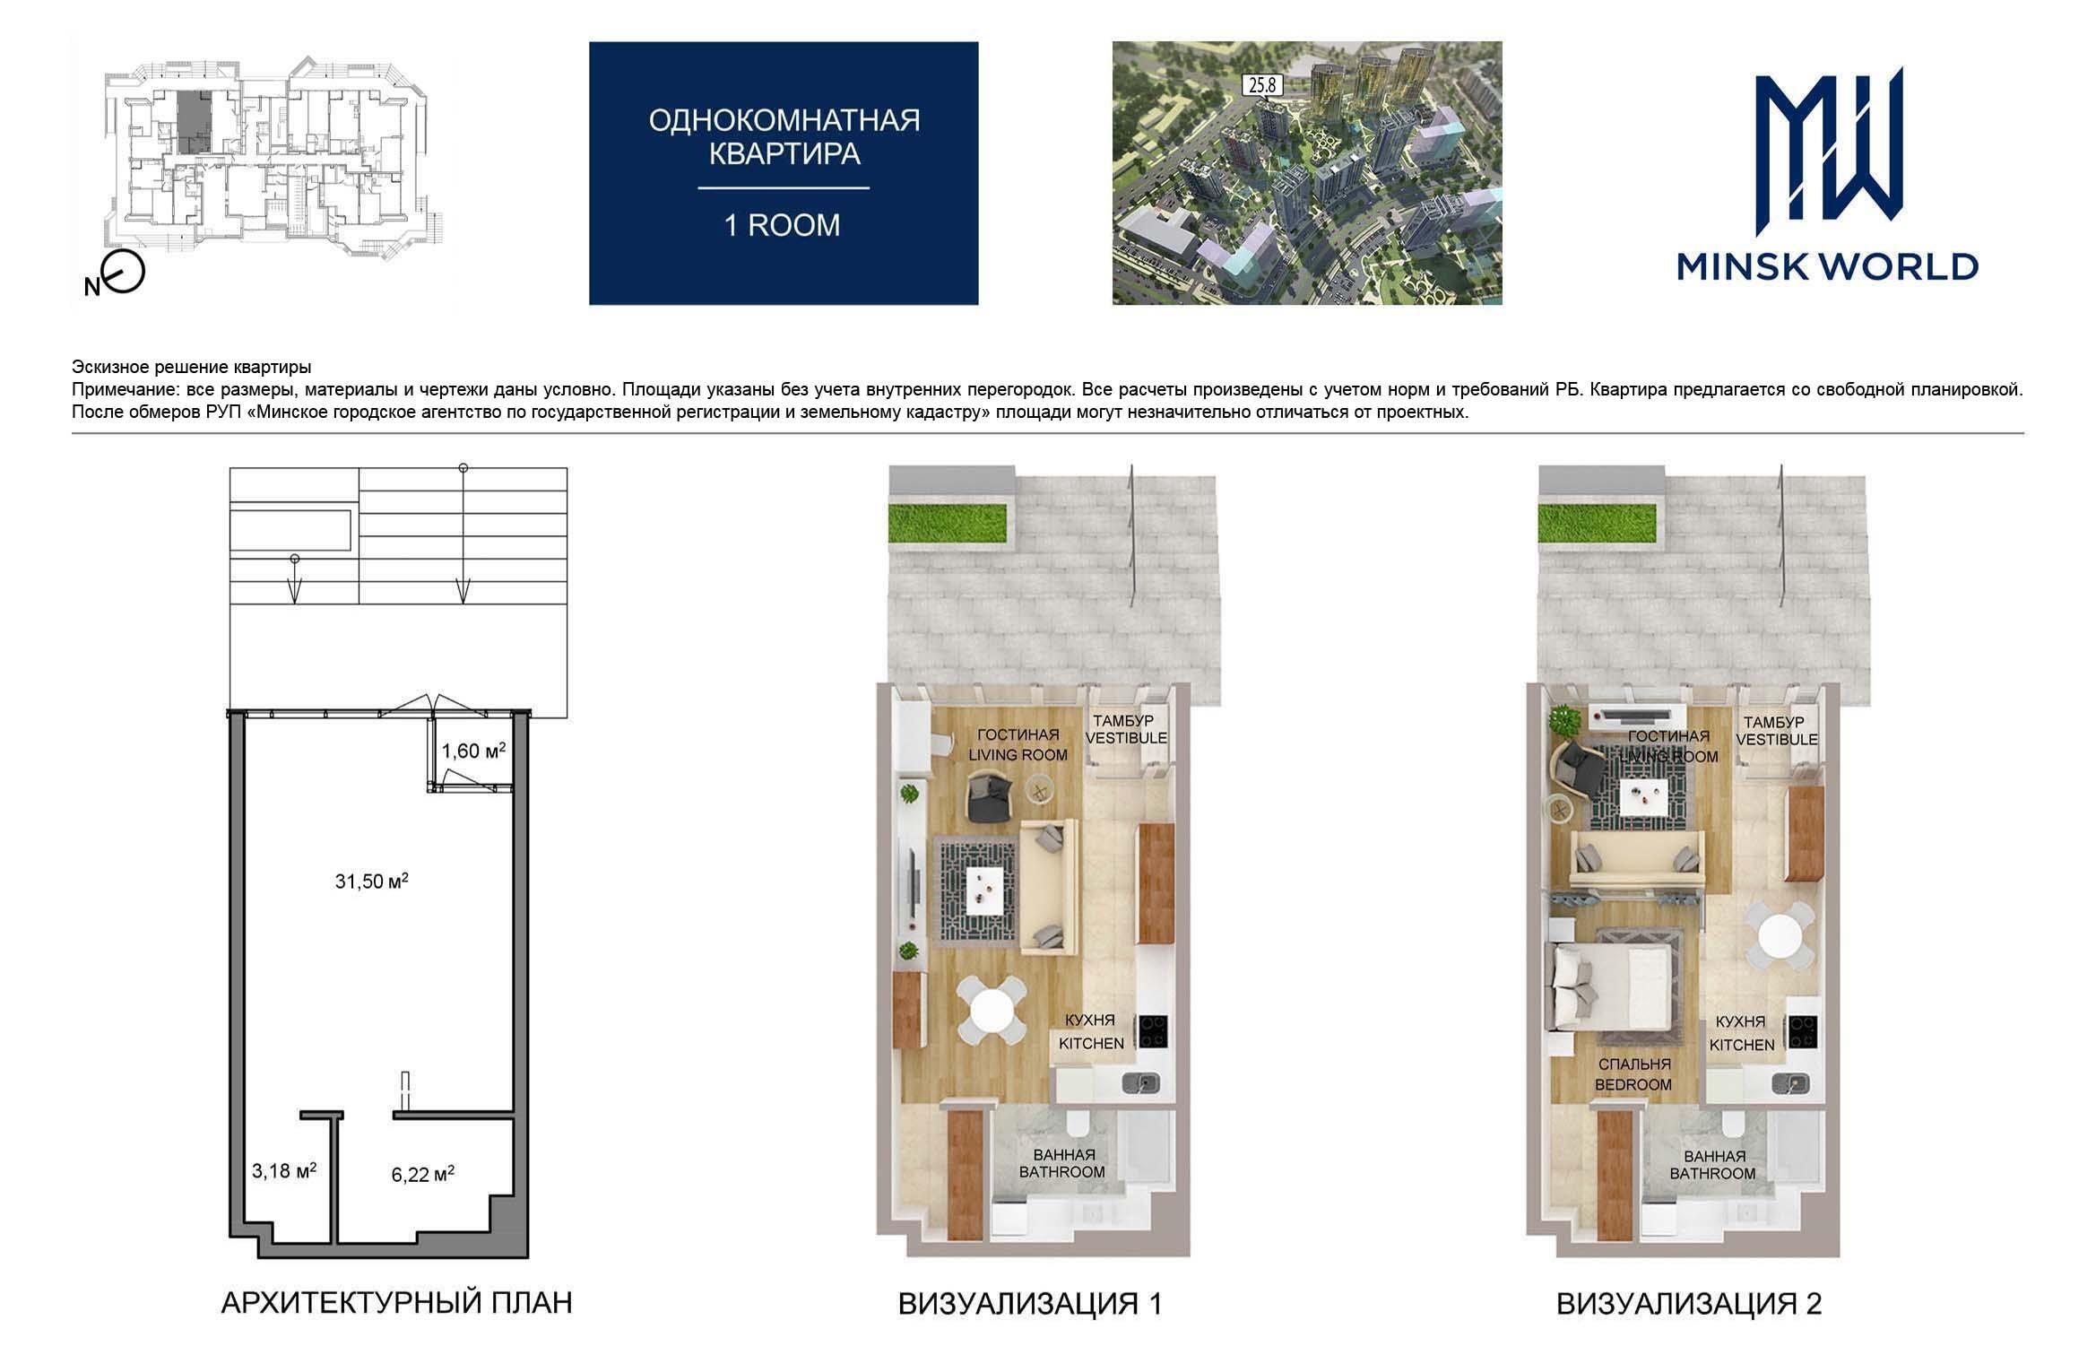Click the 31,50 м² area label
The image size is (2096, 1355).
pyautogui.click(x=372, y=881)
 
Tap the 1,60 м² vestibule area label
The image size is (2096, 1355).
pyautogui.click(x=473, y=750)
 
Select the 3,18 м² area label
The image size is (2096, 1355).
pyautogui.click(x=284, y=1169)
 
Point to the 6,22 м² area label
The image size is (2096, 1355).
pyautogui.click(x=422, y=1173)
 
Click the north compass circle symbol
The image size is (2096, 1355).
pyautogui.click(x=124, y=273)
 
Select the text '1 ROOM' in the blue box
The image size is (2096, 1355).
pyautogui.click(x=783, y=225)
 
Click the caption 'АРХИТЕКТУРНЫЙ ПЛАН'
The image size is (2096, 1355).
pyautogui.click(x=396, y=1302)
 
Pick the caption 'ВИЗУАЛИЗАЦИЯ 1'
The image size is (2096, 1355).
pyautogui.click(x=1030, y=1303)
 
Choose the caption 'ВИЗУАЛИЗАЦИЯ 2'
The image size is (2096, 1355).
pyautogui.click(x=1689, y=1303)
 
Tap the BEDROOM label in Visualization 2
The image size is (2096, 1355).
pyautogui.click(x=1633, y=1084)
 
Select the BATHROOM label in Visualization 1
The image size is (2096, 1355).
pyautogui.click(x=1061, y=1171)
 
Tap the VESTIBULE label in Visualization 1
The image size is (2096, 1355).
pyautogui.click(x=1126, y=738)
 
